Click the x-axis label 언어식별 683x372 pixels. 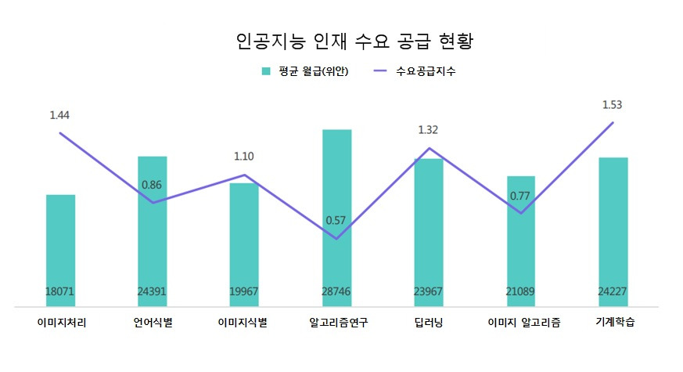point(153,322)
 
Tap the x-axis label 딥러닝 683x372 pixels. point(429,322)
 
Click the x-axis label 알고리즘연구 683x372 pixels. point(338,322)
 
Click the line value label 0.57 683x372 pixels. point(336,220)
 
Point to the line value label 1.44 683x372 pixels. point(59,115)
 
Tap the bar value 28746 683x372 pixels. point(336,291)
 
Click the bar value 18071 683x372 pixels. point(60,291)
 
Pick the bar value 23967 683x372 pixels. point(429,291)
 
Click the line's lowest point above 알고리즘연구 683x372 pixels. point(336,239)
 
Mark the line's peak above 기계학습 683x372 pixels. point(613,122)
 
